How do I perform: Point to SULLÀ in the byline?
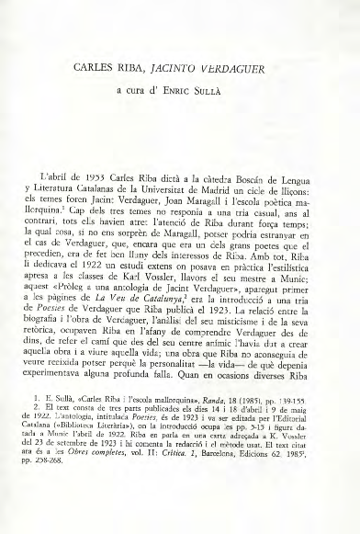click(x=223, y=91)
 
